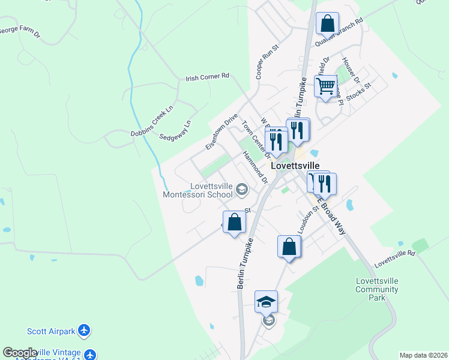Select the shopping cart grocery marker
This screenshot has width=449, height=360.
325,85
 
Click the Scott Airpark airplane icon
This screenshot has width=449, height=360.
85,331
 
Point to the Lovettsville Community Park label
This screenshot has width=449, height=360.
377,289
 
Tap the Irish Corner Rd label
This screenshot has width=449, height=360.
208,77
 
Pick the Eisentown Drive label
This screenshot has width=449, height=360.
221,132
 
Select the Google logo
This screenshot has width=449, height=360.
20,353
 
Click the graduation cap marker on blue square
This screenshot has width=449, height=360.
267,301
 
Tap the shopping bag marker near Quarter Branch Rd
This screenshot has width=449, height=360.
327,24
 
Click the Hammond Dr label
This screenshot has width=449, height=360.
255,167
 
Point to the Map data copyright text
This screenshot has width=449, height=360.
423,355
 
